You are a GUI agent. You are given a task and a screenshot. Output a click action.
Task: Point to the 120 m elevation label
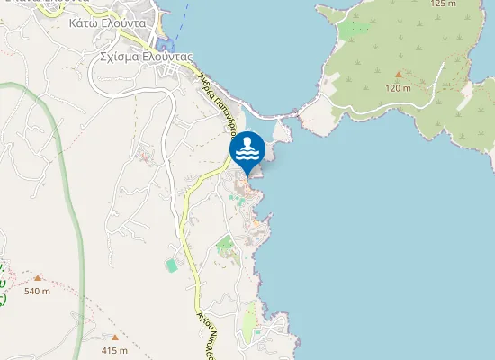(398, 87)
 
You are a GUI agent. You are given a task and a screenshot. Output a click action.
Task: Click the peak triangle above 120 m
(398, 74)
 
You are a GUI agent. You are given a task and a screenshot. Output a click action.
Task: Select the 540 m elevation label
(37, 291)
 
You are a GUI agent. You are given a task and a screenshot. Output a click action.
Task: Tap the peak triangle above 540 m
(37, 278)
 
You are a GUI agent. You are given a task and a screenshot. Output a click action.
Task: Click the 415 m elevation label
(115, 349)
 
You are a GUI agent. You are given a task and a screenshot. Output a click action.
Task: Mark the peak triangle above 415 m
(115, 337)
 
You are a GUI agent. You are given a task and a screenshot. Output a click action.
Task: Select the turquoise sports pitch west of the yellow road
(171, 265)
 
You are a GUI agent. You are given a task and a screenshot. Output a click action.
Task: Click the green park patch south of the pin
(224, 243)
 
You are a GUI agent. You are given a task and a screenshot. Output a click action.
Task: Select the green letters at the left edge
(3, 283)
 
